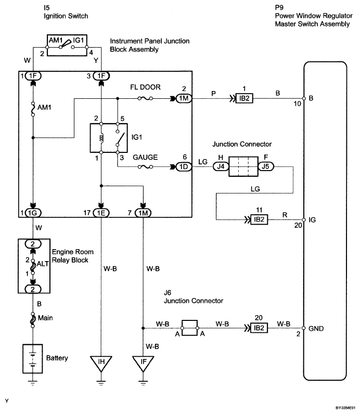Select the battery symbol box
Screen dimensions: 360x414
click(32, 358)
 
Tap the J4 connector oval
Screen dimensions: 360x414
click(221, 166)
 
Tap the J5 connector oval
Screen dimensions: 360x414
click(266, 166)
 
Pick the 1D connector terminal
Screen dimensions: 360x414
click(184, 166)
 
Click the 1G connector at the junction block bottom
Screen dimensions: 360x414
click(33, 213)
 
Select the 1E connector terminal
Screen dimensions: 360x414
click(101, 213)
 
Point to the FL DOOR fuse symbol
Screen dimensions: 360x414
click(145, 98)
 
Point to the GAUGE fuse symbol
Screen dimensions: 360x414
click(145, 166)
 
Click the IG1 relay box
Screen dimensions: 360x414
click(109, 138)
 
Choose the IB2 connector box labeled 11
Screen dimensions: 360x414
click(259, 219)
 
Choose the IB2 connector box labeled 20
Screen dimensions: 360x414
click(259, 328)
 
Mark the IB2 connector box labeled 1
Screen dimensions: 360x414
click(245, 98)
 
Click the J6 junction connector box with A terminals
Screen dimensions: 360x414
click(190, 328)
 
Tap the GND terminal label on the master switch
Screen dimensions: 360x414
click(316, 329)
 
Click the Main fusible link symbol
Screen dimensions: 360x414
click(33, 320)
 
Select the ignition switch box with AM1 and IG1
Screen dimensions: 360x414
click(67, 45)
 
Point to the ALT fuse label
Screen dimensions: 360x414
click(43, 264)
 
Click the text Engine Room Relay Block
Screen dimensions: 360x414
click(73, 256)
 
